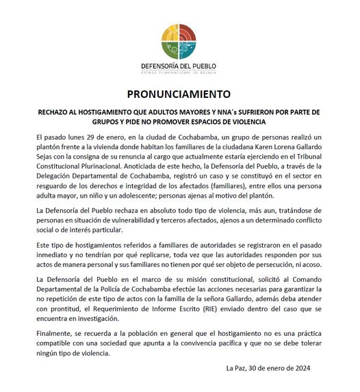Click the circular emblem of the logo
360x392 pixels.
pyautogui.click(x=180, y=42)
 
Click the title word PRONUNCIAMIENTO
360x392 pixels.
pyautogui.click(x=179, y=94)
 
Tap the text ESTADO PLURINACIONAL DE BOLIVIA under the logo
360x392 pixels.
pyautogui.click(x=179, y=72)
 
